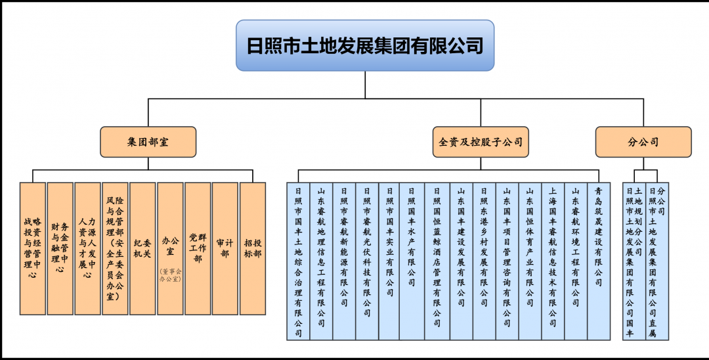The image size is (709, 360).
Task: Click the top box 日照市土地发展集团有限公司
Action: (365, 45)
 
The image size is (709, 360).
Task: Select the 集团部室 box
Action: (148, 142)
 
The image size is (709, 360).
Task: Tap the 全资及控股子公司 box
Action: (481, 142)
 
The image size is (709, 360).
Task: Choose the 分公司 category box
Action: (643, 142)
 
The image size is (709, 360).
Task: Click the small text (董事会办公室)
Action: (170, 275)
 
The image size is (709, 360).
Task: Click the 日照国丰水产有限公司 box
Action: (412, 261)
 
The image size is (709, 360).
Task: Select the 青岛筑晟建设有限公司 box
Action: (598, 261)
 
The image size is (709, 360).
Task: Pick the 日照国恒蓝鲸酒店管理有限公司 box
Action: (437, 261)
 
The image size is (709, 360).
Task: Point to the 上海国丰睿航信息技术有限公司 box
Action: (553, 261)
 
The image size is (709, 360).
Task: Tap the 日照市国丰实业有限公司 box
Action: (389, 261)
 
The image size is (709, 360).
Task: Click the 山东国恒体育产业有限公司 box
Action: (529, 261)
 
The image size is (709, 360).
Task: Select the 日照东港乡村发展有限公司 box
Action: (484, 261)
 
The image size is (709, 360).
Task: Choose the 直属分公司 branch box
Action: (656, 261)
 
